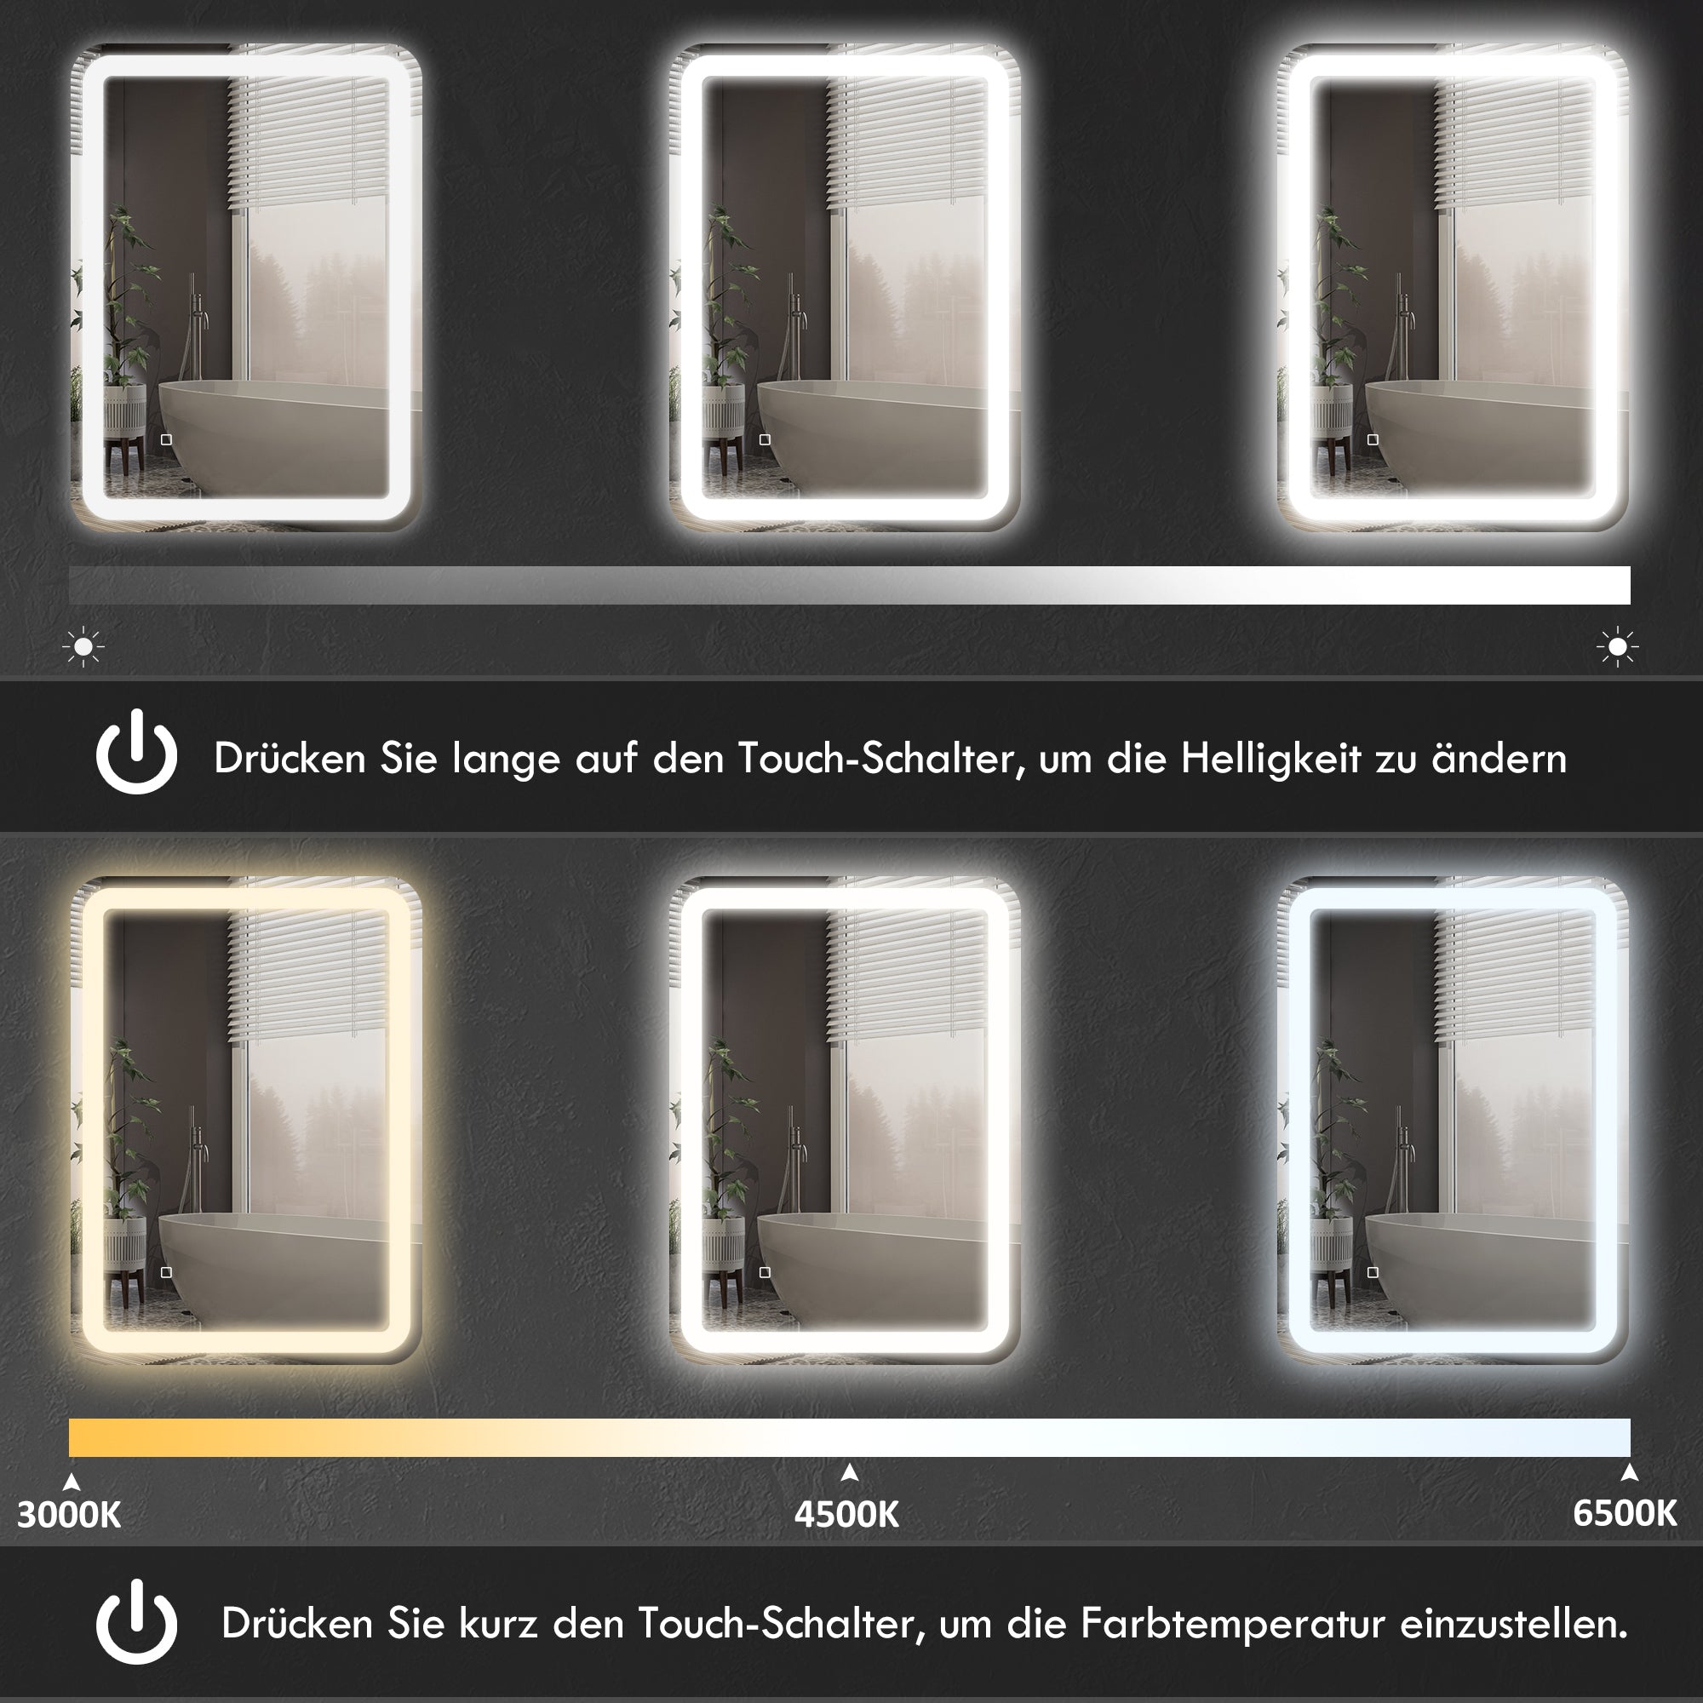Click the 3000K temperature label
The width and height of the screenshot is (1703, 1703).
[x=69, y=1513]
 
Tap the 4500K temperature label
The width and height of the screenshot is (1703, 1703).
[x=846, y=1513]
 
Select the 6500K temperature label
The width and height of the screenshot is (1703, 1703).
[x=1625, y=1512]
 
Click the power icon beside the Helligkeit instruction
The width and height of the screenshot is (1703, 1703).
[x=136, y=753]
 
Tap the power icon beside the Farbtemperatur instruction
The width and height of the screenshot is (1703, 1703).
[x=136, y=1622]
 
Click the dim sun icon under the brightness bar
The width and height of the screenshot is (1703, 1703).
[x=83, y=647]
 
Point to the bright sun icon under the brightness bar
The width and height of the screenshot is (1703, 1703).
[x=1618, y=647]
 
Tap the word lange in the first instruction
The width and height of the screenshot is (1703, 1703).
[x=506, y=759]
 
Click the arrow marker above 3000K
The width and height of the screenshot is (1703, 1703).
[x=72, y=1481]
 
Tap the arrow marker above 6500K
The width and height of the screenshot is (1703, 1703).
[x=1629, y=1471]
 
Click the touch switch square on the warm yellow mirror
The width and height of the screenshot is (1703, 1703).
[x=166, y=1272]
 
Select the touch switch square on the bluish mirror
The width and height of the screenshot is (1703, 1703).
[x=1373, y=1272]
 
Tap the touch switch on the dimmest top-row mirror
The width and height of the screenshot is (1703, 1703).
[x=166, y=439]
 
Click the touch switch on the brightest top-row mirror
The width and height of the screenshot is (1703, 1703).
[x=1373, y=439]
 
